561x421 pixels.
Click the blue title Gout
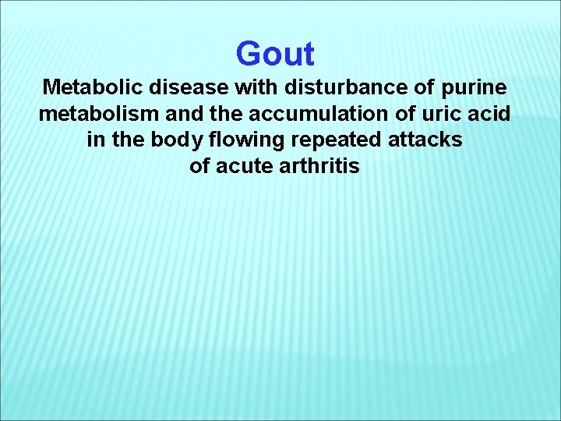[x=274, y=54]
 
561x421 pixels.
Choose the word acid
[x=488, y=115]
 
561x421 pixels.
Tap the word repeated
[x=335, y=141]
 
